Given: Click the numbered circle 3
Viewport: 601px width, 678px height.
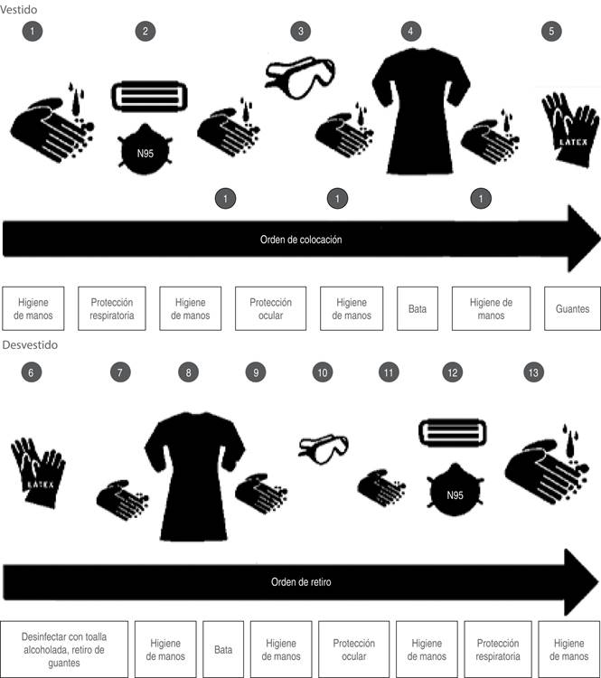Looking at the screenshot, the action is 300,31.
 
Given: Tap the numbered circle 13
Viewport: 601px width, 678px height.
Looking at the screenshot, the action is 533,372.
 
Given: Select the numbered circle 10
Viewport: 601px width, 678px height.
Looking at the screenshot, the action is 323,372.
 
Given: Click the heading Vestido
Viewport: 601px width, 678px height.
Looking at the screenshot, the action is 19,10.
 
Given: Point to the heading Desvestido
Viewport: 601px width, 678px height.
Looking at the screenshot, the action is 30,344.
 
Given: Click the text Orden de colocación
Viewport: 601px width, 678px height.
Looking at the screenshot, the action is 301,240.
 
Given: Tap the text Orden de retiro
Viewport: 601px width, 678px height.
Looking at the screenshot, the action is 301,582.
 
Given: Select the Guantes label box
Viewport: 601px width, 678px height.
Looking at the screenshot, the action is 572,309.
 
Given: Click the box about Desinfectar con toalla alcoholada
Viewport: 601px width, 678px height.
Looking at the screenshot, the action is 64,649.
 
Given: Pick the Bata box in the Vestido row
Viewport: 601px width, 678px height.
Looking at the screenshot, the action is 418,309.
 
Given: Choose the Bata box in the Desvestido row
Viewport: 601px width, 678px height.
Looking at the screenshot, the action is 223,649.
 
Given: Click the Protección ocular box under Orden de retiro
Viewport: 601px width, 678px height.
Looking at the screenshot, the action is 353,649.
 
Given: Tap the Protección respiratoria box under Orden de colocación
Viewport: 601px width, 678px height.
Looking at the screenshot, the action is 112,309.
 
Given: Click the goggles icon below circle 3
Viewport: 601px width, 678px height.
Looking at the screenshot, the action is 300,78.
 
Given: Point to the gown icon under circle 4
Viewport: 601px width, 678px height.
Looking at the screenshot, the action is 421,111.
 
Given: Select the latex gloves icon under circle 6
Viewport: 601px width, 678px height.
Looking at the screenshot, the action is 39,472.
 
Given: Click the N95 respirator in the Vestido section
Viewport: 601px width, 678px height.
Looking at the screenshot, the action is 146,149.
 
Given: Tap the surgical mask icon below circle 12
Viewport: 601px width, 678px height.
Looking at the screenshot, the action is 453,432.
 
